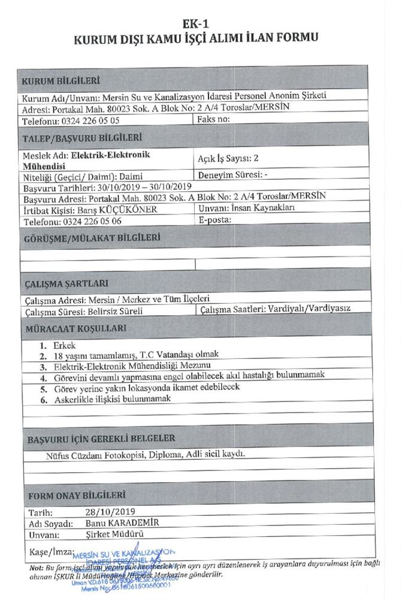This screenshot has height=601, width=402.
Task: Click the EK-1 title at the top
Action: [x=200, y=25]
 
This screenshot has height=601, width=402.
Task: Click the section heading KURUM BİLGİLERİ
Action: [x=61, y=81]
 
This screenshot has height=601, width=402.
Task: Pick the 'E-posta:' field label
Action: [x=214, y=220]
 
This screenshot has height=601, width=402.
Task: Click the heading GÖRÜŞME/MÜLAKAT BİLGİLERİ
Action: [x=92, y=237]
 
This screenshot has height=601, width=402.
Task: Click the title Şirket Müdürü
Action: [x=109, y=534]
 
